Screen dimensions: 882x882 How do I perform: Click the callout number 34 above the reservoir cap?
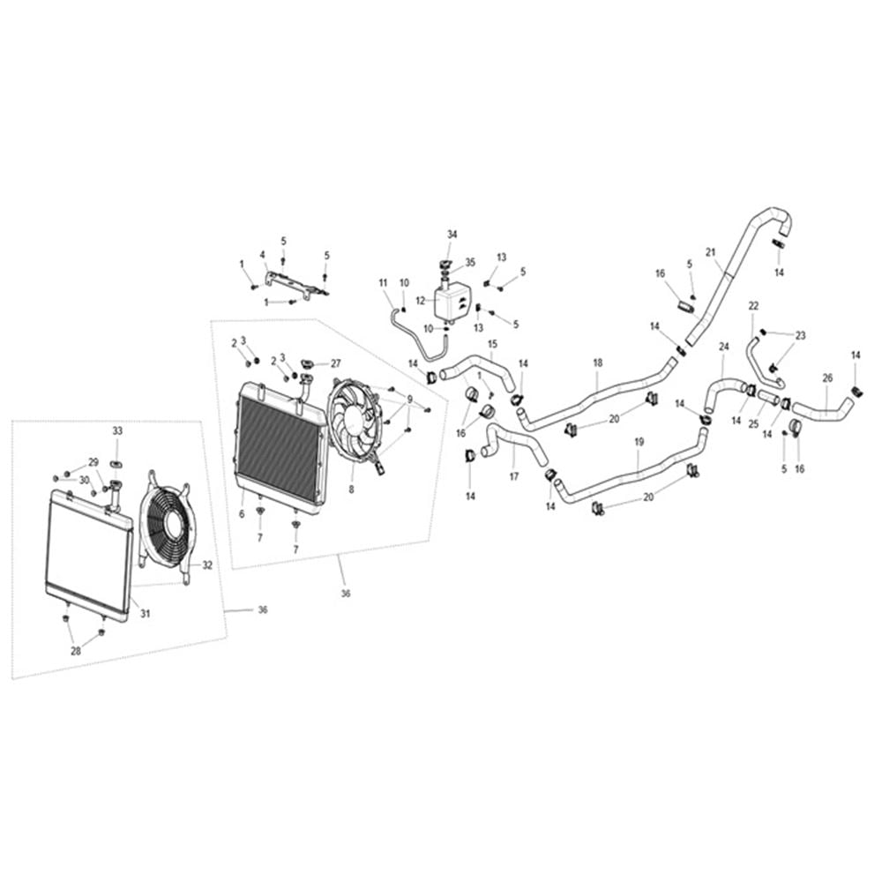452,235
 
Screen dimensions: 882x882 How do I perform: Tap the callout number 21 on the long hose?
710,252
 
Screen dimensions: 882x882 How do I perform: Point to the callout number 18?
597,363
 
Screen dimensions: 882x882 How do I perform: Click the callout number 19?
639,442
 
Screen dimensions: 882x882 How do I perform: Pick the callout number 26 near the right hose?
827,378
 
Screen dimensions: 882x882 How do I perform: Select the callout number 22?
753,306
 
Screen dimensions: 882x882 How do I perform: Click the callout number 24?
723,347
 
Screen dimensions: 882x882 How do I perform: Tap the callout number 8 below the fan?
352,490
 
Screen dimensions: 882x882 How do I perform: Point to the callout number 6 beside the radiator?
242,514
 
